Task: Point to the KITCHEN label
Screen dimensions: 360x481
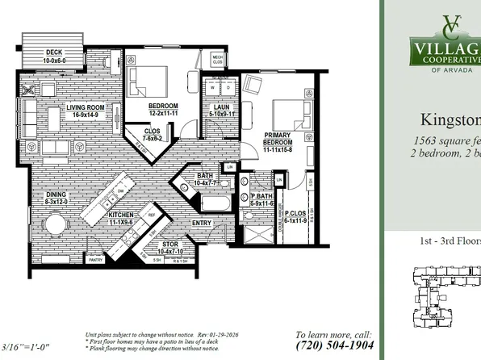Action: click(x=119, y=215)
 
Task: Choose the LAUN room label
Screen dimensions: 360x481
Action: click(x=222, y=107)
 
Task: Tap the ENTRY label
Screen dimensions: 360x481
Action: click(x=201, y=223)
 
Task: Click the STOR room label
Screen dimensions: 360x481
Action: click(x=169, y=245)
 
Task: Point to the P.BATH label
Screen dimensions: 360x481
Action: click(x=260, y=195)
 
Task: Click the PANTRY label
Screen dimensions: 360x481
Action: click(x=95, y=260)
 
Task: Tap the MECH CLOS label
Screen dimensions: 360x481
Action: click(x=218, y=60)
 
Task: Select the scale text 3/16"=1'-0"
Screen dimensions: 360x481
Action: click(x=31, y=347)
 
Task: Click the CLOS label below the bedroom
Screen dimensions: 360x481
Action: click(x=153, y=131)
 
